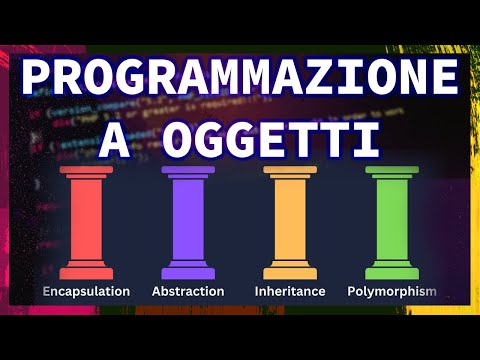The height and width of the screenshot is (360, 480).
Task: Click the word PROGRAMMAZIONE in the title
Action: [x=239, y=80]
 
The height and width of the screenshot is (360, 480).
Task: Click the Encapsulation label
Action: [x=86, y=291]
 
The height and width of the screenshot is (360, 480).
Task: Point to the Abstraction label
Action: [x=188, y=291]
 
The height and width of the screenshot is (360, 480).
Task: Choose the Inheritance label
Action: [x=290, y=291]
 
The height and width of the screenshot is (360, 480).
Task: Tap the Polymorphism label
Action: [x=391, y=291]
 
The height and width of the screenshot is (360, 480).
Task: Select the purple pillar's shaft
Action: [x=188, y=222]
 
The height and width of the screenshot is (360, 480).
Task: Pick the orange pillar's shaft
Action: [x=290, y=222]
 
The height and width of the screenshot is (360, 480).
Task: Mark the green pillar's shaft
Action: [x=391, y=222]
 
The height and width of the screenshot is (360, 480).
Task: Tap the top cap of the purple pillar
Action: [x=188, y=174]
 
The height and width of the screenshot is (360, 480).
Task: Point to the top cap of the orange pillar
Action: [x=290, y=174]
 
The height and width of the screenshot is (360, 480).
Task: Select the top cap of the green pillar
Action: [x=391, y=174]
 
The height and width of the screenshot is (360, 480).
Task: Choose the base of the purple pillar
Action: [x=188, y=271]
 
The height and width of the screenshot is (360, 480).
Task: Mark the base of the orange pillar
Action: [x=290, y=271]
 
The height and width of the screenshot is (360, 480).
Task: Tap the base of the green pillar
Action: [x=391, y=271]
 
